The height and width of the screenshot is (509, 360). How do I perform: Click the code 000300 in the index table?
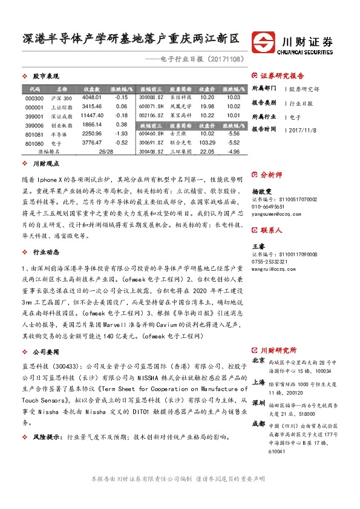point(34,97)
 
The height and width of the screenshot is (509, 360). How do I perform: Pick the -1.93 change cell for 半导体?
point(121,134)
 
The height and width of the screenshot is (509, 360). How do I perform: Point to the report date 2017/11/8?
point(306,129)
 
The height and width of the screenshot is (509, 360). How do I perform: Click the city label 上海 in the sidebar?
point(258,382)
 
